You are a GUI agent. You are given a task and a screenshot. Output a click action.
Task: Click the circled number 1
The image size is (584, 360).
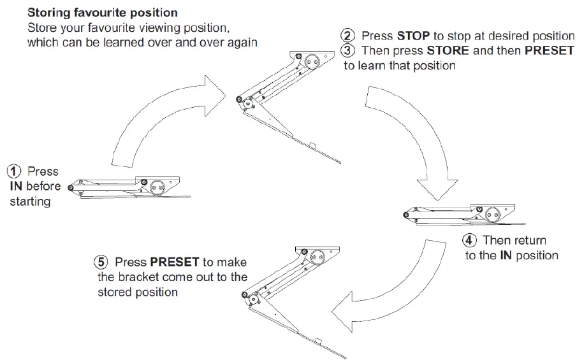tap(14, 171)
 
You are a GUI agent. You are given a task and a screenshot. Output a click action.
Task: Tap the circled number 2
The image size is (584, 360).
tap(348, 36)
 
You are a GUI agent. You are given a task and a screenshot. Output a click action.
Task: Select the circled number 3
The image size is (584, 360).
tap(348, 51)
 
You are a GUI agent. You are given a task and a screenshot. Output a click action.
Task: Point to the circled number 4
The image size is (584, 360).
tap(470, 241)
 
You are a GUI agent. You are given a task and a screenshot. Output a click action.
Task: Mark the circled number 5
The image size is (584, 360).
tap(101, 262)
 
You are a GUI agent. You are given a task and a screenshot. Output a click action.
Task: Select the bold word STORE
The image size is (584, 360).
tap(448, 51)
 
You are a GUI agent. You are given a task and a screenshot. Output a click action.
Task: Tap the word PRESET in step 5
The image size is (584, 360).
tap(175, 262)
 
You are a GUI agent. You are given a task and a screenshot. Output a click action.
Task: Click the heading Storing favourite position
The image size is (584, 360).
tap(102, 13)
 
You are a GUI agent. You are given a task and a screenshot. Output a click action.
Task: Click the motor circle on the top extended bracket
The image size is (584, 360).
tap(311, 62)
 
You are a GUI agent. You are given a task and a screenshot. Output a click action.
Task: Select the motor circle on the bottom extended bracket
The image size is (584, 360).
tap(316, 256)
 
